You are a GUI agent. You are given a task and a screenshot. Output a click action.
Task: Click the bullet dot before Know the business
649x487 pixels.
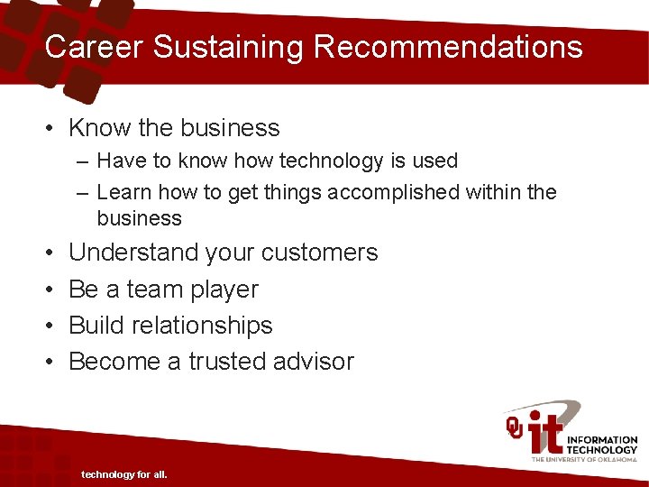[50, 129]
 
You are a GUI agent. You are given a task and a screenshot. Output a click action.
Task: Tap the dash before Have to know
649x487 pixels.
[83, 161]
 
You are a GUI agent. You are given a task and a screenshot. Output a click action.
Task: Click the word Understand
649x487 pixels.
[133, 253]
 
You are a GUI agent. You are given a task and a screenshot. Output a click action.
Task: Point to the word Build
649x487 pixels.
[94, 326]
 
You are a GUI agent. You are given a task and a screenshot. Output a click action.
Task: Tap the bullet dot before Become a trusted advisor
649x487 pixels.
[50, 363]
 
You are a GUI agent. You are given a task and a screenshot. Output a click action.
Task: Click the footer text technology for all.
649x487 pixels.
[124, 474]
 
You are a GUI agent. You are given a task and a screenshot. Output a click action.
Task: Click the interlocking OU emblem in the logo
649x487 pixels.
[515, 427]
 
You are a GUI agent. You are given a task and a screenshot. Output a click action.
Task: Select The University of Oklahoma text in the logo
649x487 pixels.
[584, 460]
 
